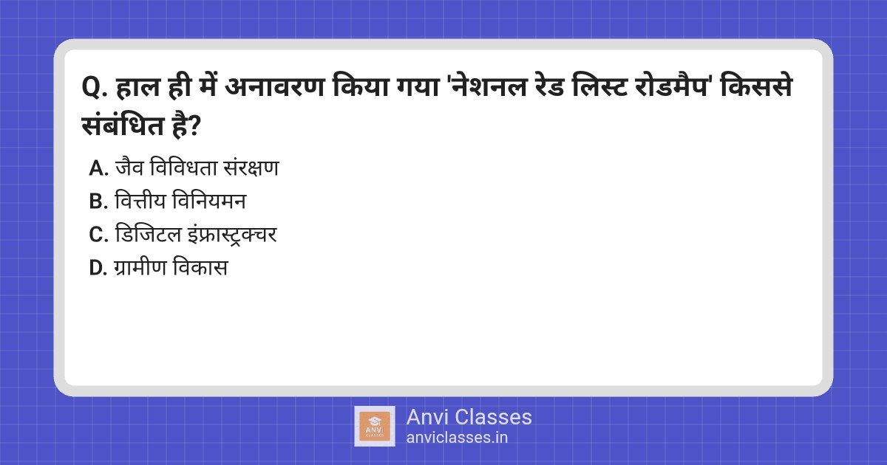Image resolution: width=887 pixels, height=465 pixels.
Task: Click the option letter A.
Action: pos(98,168)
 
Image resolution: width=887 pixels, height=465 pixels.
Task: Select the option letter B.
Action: pos(98,201)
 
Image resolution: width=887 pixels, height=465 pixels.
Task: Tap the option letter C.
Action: pos(98,235)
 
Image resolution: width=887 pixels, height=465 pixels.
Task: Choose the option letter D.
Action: pos(98,268)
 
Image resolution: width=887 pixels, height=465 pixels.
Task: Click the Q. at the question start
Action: pos(95,88)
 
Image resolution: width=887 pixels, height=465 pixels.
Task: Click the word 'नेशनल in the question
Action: pos(489,86)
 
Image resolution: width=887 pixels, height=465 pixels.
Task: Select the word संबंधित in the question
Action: pos(123,125)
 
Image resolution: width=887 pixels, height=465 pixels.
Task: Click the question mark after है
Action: pos(194,126)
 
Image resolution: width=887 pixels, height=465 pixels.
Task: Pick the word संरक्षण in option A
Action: pos(251,168)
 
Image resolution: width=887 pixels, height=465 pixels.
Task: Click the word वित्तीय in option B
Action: pos(140,201)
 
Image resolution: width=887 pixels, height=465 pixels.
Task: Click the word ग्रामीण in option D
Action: pos(140,267)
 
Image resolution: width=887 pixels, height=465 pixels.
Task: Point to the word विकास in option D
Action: pos(200,267)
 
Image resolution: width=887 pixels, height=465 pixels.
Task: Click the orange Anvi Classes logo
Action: pos(375,427)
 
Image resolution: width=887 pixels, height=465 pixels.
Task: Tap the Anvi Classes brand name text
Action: pos(469,417)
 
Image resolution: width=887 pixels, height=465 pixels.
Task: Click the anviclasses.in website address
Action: pos(457,438)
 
